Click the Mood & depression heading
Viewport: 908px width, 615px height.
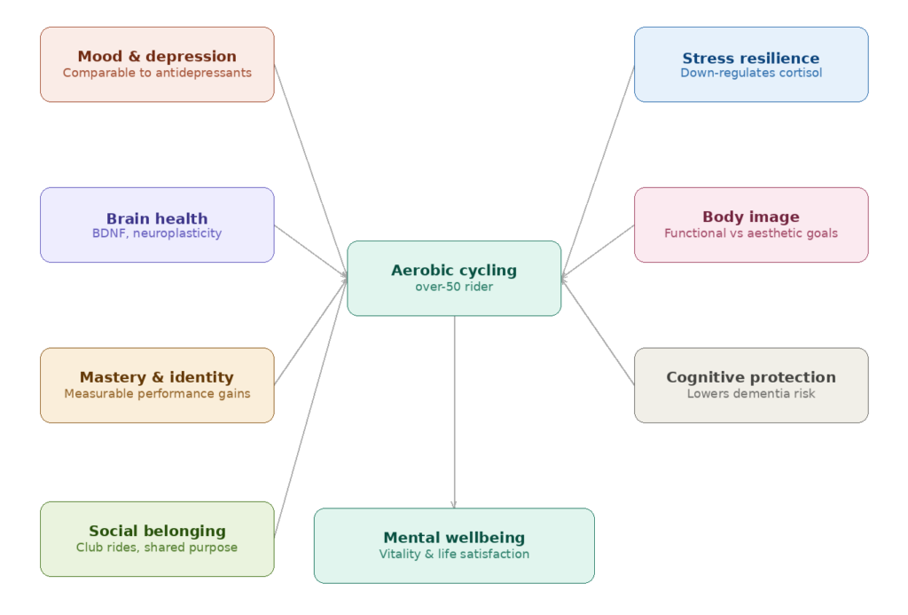pyautogui.click(x=157, y=57)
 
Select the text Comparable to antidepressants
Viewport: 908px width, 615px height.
pyautogui.click(x=157, y=73)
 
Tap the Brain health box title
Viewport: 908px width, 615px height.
pyautogui.click(x=157, y=218)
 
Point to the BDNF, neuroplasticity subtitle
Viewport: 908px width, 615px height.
pyautogui.click(x=157, y=233)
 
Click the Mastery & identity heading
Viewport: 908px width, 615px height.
pyautogui.click(x=157, y=377)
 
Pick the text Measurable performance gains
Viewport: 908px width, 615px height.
pyautogui.click(x=157, y=393)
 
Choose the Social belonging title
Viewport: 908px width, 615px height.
pyautogui.click(x=157, y=531)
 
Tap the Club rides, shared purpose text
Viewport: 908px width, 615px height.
pyautogui.click(x=157, y=548)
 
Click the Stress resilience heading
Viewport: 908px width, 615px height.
pyautogui.click(x=751, y=59)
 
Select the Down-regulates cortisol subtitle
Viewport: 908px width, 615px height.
pyautogui.click(x=751, y=73)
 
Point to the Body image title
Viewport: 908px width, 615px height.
pyautogui.click(x=751, y=217)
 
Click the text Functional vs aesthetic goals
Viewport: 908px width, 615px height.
pyautogui.click(x=751, y=233)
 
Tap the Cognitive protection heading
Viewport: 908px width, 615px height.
pyautogui.click(x=751, y=377)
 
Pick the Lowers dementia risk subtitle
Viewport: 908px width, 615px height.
pyautogui.click(x=751, y=393)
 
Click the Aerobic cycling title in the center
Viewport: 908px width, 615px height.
pyautogui.click(x=454, y=271)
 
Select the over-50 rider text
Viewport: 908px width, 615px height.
pyautogui.click(x=454, y=287)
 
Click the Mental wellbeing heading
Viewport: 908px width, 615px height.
pyautogui.click(x=454, y=538)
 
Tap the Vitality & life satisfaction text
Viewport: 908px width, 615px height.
pyautogui.click(x=454, y=554)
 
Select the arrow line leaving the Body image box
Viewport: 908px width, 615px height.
pyautogui.click(x=599, y=250)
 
